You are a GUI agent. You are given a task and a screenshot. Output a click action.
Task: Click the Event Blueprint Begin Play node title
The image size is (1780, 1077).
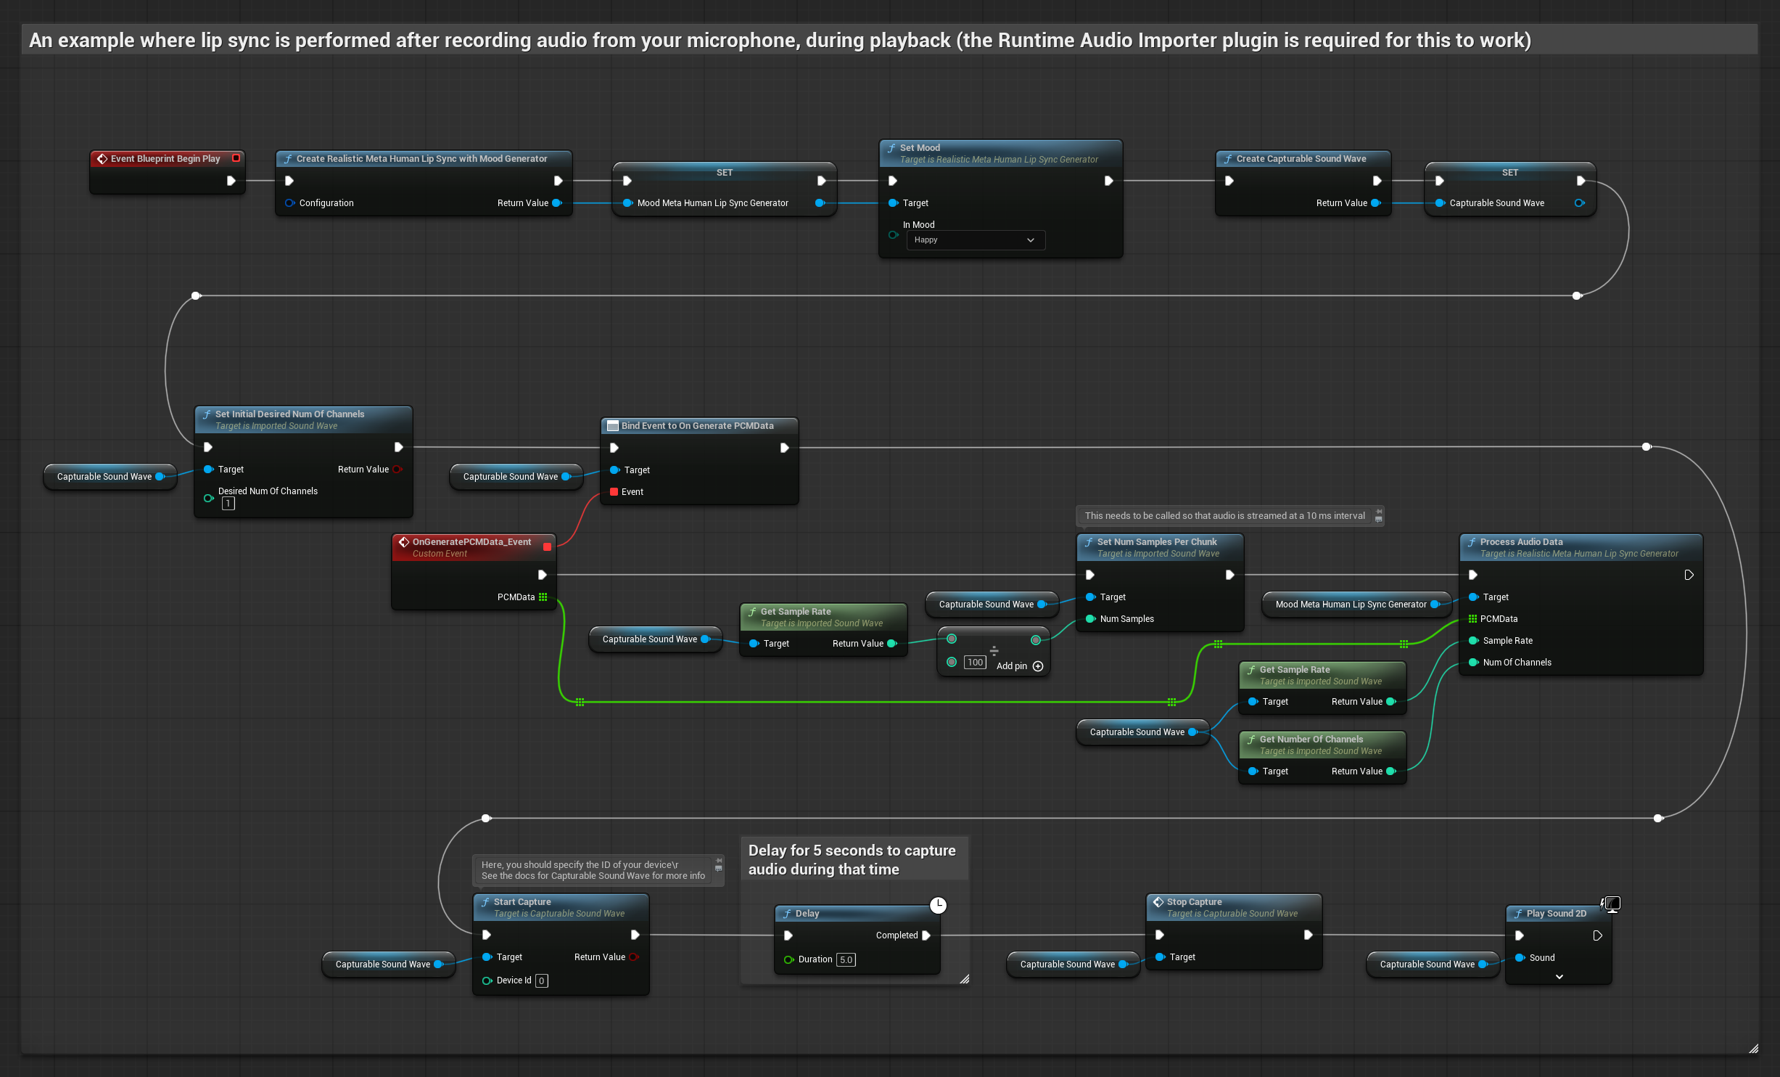click(x=165, y=159)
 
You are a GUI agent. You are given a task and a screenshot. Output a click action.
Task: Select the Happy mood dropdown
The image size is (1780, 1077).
click(x=975, y=240)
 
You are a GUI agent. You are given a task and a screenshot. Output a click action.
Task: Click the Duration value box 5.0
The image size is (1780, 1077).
click(x=846, y=959)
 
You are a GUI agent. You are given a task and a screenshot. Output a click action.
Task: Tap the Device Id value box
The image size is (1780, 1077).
click(x=541, y=980)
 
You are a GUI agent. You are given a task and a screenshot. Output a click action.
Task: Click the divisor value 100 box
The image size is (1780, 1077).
click(x=975, y=662)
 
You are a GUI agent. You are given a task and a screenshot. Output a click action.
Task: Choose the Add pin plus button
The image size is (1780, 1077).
click(x=1038, y=666)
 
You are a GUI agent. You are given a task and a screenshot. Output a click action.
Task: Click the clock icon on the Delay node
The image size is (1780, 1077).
click(x=938, y=905)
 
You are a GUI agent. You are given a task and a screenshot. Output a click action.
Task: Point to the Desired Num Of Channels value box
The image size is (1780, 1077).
click(x=228, y=504)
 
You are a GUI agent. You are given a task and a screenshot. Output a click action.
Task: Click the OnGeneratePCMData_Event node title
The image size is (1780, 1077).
click(x=471, y=542)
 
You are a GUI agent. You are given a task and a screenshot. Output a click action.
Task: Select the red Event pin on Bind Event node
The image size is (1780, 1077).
click(x=614, y=492)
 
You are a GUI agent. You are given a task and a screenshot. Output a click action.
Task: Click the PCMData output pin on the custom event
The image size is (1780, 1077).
click(x=543, y=597)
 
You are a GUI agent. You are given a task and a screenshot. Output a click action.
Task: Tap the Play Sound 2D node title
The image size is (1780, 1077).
click(x=1556, y=914)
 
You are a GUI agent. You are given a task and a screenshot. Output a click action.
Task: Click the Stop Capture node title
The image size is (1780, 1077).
click(x=1194, y=902)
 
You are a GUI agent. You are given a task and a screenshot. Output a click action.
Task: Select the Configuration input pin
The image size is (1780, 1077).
click(x=289, y=203)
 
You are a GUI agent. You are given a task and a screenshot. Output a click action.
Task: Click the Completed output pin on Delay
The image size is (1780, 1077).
click(x=926, y=935)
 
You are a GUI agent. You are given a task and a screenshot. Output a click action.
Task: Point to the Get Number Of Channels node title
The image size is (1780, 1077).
click(x=1311, y=740)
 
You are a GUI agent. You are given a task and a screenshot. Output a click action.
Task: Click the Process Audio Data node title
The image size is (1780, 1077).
click(x=1521, y=542)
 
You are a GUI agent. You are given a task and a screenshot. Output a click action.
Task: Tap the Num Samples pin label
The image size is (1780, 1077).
click(x=1126, y=619)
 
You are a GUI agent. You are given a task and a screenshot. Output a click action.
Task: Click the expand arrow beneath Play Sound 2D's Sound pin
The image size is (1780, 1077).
click(x=1559, y=977)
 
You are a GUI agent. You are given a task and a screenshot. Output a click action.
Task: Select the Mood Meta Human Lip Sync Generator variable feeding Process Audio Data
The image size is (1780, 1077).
click(x=1351, y=605)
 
